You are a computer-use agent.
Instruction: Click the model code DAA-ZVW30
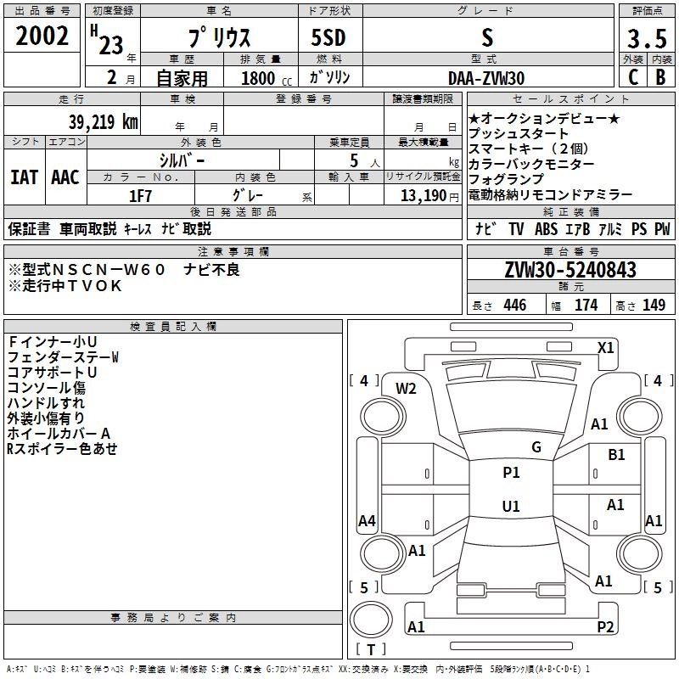click(486, 77)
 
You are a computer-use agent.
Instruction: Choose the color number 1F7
click(139, 196)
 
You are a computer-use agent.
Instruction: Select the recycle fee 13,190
click(424, 196)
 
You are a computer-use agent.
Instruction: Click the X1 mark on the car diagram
click(605, 348)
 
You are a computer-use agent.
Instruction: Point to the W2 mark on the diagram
click(407, 389)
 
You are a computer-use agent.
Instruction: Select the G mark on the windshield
click(536, 446)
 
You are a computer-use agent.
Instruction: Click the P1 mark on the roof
click(511, 473)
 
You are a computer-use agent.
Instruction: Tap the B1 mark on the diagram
click(616, 455)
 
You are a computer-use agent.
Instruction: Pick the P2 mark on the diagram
click(605, 626)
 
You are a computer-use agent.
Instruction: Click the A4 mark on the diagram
click(367, 520)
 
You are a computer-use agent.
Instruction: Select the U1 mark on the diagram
click(511, 507)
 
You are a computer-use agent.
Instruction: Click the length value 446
click(514, 306)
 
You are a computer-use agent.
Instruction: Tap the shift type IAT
click(24, 177)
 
